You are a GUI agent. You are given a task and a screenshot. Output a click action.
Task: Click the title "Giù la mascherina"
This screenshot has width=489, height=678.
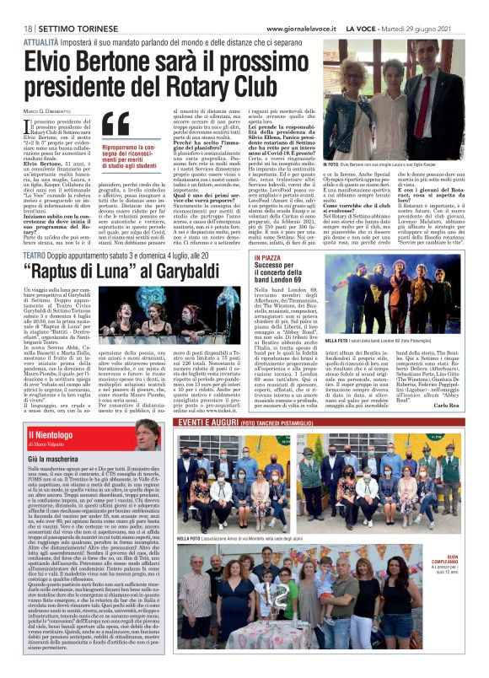click(x=58, y=483)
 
